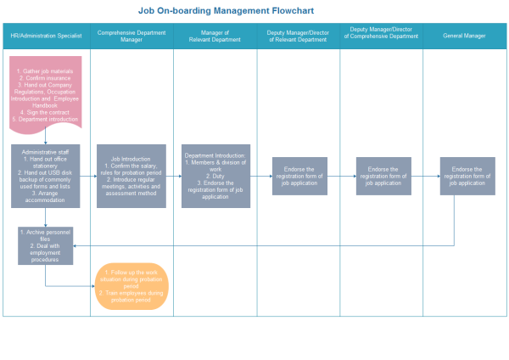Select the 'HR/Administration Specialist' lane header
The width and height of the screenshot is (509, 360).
[46, 37]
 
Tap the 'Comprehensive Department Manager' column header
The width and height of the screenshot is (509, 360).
[131, 36]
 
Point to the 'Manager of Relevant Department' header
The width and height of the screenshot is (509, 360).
[215, 36]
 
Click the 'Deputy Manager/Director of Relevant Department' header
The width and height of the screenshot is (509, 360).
[298, 36]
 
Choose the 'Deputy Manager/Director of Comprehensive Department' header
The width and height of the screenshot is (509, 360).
[381, 36]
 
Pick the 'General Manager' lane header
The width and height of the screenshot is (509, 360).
[465, 37]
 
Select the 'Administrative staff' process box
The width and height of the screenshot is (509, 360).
[46, 176]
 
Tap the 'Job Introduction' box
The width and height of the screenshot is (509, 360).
[131, 176]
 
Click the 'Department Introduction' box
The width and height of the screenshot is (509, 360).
[215, 176]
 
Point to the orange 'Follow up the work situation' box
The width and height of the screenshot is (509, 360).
[131, 286]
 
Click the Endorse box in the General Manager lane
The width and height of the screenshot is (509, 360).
[467, 176]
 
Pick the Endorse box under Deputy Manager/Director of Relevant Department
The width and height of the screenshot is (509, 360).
[299, 176]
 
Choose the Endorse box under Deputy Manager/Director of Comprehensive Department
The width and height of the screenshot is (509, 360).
[383, 176]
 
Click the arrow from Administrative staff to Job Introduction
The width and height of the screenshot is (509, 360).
[88, 176]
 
